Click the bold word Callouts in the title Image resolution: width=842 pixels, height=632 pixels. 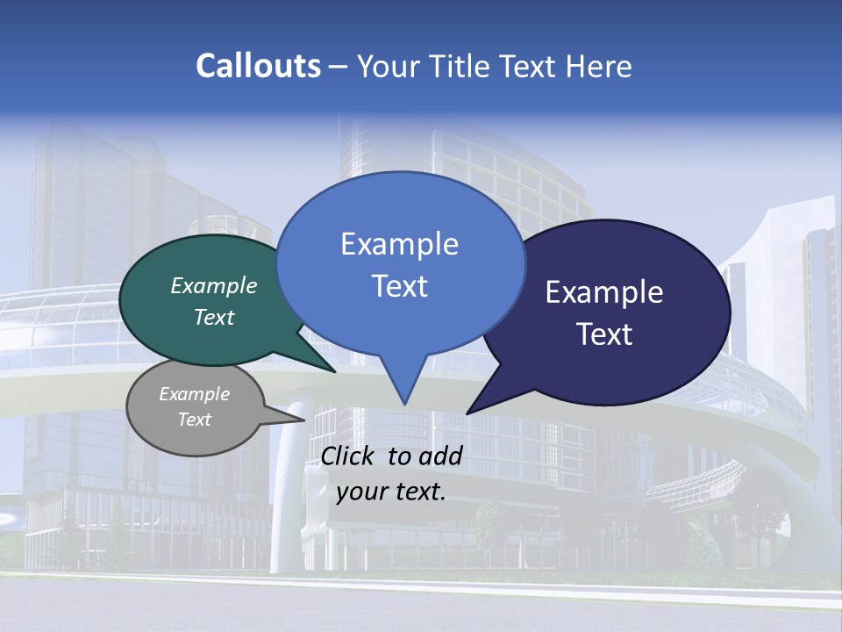click(x=258, y=66)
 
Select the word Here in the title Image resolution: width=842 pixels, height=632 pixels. click(x=597, y=66)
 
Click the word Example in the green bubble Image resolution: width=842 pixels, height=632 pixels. click(x=214, y=285)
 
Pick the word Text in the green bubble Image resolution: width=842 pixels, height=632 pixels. click(x=214, y=317)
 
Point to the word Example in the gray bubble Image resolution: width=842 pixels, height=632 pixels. click(x=195, y=394)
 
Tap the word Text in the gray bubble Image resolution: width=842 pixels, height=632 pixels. click(x=195, y=420)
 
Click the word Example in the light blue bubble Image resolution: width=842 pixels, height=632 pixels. click(x=399, y=244)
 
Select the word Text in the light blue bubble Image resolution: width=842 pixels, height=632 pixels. click(x=399, y=286)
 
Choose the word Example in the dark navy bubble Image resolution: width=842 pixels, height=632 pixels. click(x=604, y=292)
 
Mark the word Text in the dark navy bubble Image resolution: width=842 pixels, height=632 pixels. click(x=604, y=334)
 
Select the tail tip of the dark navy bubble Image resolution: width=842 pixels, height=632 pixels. click(x=468, y=413)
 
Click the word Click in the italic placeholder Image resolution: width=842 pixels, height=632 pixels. click(x=348, y=456)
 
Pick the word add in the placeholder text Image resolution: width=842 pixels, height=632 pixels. click(x=441, y=456)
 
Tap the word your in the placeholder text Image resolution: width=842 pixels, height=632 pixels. click(x=359, y=492)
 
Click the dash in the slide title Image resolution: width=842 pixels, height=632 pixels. click(x=339, y=67)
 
